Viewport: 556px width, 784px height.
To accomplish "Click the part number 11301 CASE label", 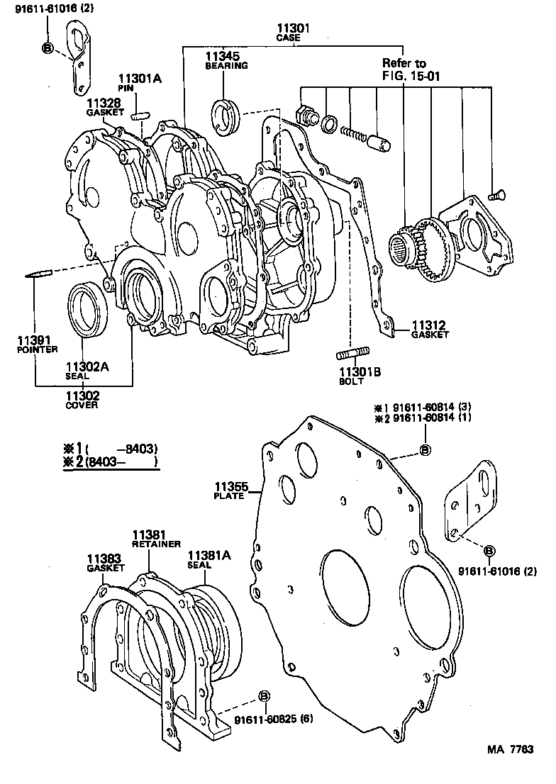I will [294, 32].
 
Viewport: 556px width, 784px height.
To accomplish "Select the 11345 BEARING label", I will [226, 60].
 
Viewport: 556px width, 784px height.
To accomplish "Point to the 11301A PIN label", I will [139, 83].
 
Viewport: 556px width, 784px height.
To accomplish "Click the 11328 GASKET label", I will [105, 107].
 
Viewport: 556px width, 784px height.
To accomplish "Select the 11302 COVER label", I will [83, 400].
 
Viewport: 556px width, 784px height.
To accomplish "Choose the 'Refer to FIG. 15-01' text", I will [411, 68].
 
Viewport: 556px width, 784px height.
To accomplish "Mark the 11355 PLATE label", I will [229, 491].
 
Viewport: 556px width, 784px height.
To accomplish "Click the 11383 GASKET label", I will [106, 563].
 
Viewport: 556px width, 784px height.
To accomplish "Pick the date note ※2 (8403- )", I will [110, 462].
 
